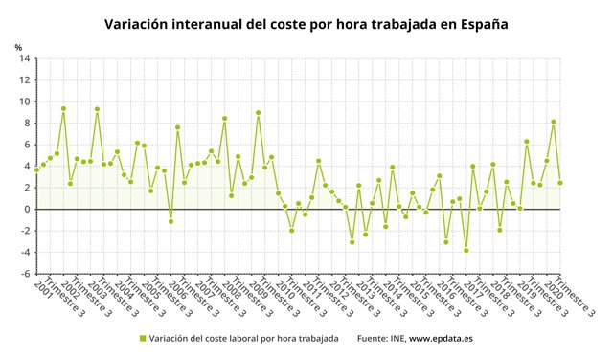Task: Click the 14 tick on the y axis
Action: (x=23, y=58)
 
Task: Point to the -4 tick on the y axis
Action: (x=23, y=253)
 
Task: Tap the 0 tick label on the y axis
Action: (x=25, y=210)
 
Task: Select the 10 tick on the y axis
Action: (x=23, y=101)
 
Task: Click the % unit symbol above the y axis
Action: (x=18, y=47)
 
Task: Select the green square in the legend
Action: (x=144, y=338)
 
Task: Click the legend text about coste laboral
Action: (x=244, y=338)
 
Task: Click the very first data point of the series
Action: (x=36, y=169)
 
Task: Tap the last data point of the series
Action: (x=560, y=183)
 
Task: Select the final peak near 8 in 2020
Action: (x=554, y=122)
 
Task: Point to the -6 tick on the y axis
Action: (x=23, y=274)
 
